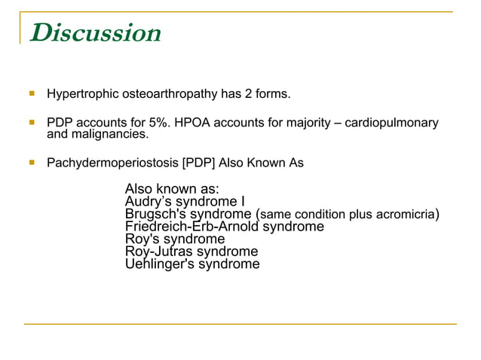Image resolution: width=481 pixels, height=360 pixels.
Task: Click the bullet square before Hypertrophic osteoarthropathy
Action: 32,95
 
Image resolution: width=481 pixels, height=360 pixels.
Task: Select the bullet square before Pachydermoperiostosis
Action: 32,163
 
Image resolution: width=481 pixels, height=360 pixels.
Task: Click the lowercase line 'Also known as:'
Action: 172,189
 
